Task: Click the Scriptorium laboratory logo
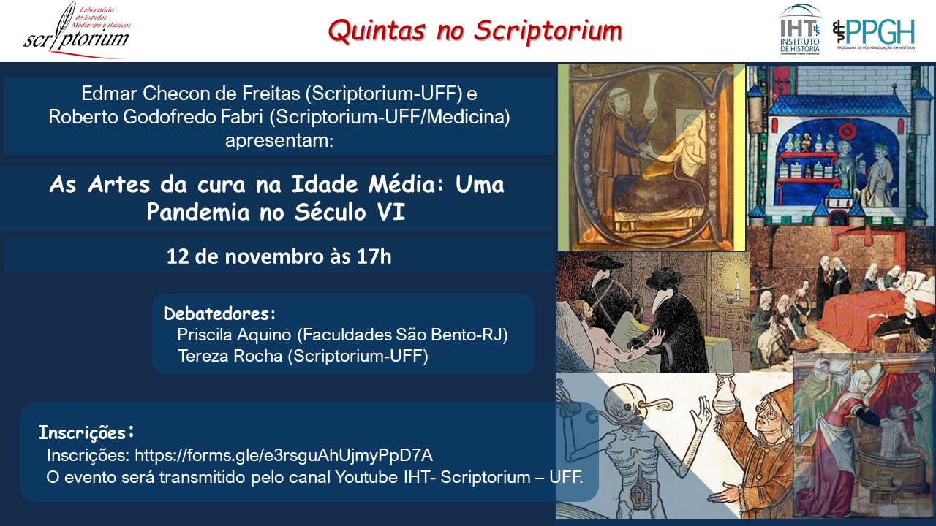pyautogui.click(x=78, y=30)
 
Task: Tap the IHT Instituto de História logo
pyautogui.click(x=800, y=29)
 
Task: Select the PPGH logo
pyautogui.click(x=874, y=34)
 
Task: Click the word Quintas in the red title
pyautogui.click(x=377, y=31)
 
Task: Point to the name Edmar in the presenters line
pyautogui.click(x=109, y=94)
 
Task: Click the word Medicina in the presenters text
pyautogui.click(x=466, y=117)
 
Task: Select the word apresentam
pyautogui.click(x=279, y=141)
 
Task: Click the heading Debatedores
pyautogui.click(x=219, y=313)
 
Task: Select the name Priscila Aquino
pyautogui.click(x=234, y=335)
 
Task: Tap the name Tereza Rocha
pyautogui.click(x=230, y=356)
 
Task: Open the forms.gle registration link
pyautogui.click(x=284, y=455)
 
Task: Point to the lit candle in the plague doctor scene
pyautogui.click(x=738, y=287)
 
